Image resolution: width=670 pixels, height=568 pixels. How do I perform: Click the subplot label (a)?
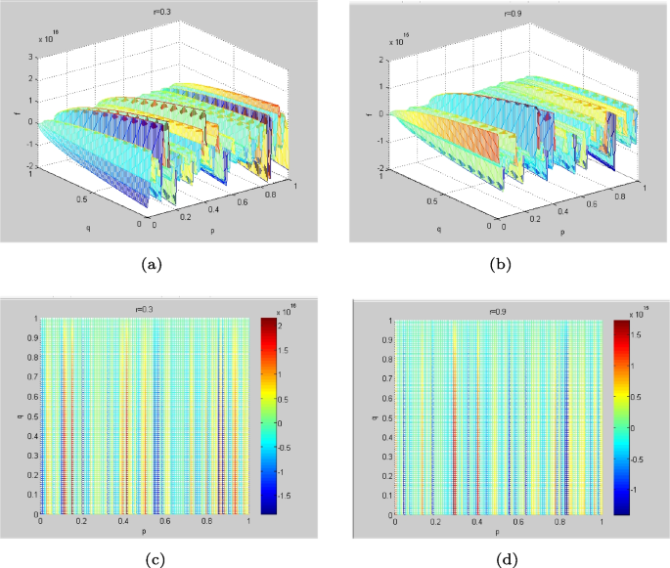(151, 263)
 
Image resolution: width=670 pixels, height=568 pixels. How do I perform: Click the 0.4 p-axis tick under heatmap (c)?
(123, 522)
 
